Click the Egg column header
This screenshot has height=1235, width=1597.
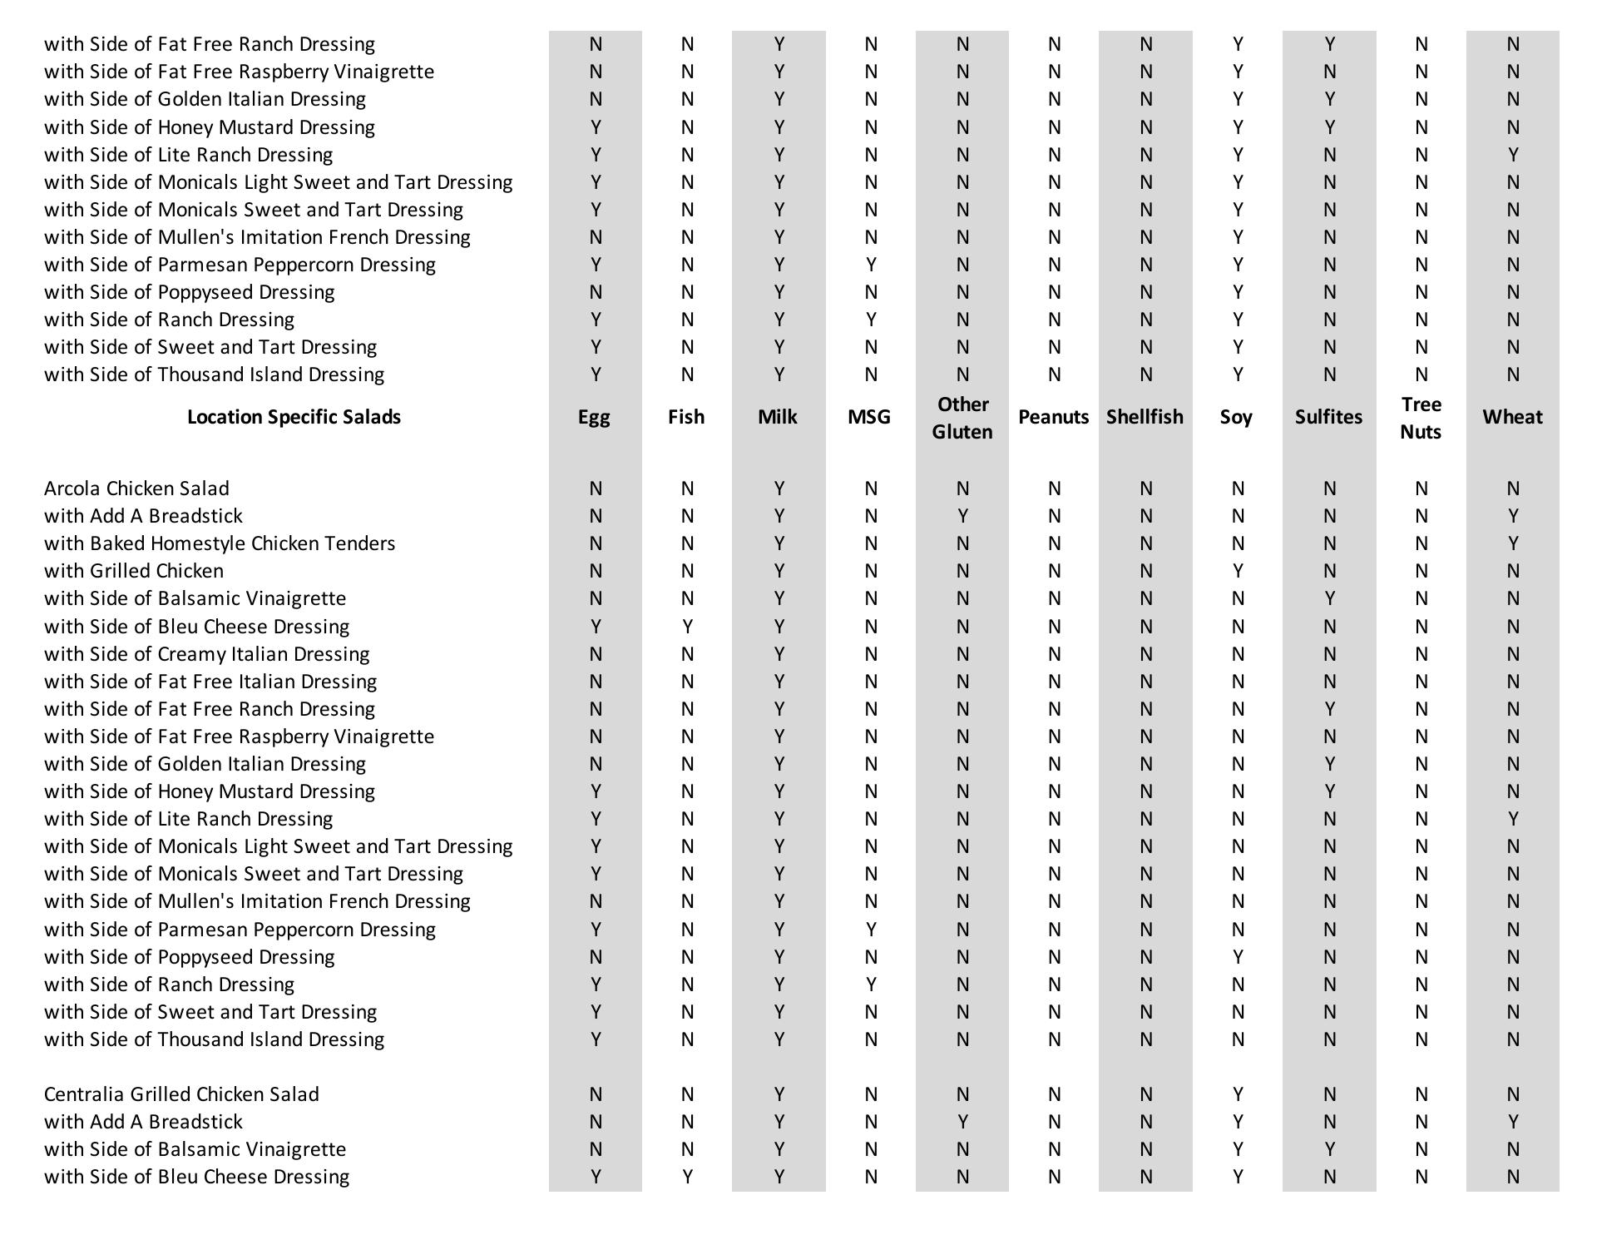[x=594, y=417]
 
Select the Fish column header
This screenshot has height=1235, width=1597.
[x=686, y=417]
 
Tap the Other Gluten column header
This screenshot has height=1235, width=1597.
[x=962, y=418]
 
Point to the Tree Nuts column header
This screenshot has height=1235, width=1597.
[x=1421, y=418]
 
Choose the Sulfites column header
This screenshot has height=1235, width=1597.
[x=1328, y=417]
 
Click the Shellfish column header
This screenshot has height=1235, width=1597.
[x=1145, y=417]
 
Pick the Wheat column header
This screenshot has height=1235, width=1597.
[x=1512, y=417]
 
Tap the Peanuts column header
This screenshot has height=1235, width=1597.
[x=1053, y=417]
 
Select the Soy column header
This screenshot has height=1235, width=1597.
[x=1236, y=417]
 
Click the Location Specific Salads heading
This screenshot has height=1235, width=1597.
[x=294, y=417]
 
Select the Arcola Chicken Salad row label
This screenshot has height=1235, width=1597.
[x=136, y=489]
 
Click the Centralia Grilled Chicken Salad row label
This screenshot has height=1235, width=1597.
[x=181, y=1094]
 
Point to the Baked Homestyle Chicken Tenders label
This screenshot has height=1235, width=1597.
[x=220, y=543]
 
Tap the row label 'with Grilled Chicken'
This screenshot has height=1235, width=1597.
[x=134, y=571]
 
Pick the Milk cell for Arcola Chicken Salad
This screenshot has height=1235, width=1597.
[x=779, y=489]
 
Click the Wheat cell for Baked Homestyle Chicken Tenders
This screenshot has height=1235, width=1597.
[x=1512, y=543]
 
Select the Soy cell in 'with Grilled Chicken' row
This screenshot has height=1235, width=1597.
[x=1238, y=571]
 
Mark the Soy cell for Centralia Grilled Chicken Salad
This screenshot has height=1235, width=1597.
[x=1238, y=1094]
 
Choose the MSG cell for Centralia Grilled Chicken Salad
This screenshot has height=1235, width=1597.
[x=870, y=1094]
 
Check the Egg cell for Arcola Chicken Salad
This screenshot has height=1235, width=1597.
[x=596, y=489]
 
